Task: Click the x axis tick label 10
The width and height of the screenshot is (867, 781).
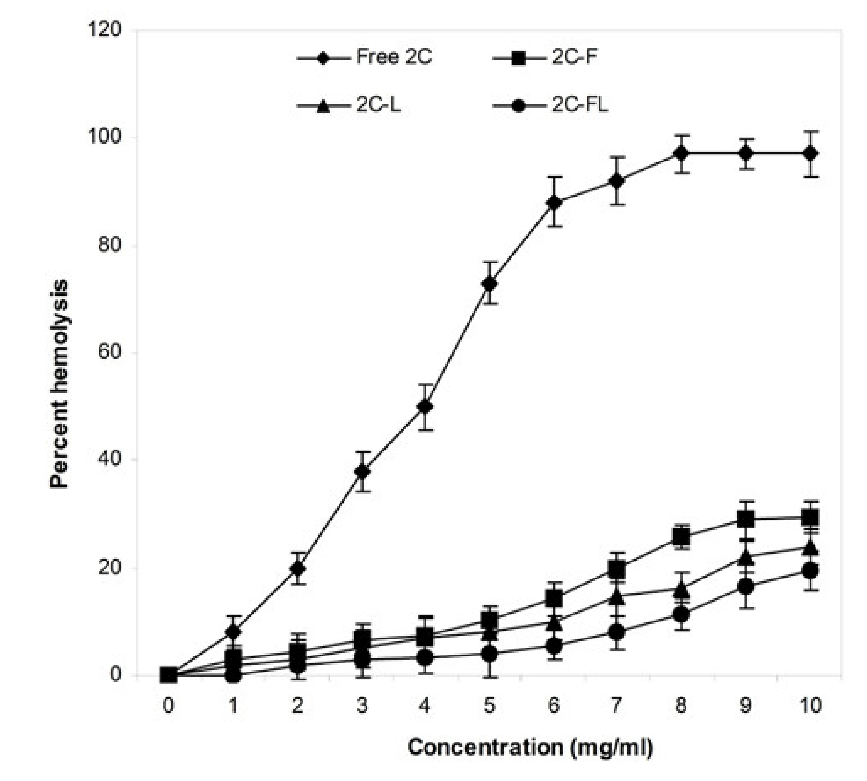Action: [809, 706]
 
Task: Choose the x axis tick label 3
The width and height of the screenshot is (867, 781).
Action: [363, 706]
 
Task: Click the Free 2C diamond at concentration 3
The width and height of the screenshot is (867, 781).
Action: [363, 472]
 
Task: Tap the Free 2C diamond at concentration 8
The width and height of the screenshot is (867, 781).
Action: [681, 153]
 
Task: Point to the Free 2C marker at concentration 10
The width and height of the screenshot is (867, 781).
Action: [810, 153]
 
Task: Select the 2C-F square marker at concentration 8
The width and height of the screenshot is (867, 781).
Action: [681, 536]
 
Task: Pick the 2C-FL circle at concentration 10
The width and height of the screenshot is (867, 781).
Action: [810, 571]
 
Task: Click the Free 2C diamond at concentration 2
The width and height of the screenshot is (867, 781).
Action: [298, 569]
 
